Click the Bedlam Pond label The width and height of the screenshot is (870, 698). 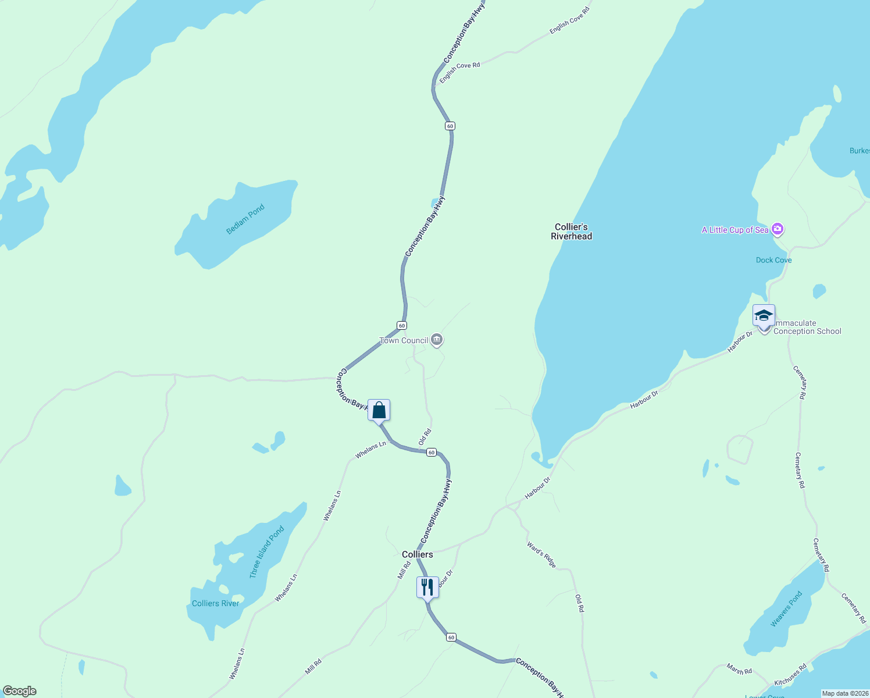[245, 219]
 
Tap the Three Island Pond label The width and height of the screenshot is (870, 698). [267, 552]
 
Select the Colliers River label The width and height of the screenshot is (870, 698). [216, 603]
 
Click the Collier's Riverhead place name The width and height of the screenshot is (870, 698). [572, 232]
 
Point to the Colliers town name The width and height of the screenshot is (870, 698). [418, 554]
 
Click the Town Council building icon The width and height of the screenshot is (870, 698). [437, 340]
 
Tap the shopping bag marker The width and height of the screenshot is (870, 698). [379, 410]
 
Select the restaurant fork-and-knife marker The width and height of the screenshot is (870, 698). [427, 587]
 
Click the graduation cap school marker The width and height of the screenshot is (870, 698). [764, 316]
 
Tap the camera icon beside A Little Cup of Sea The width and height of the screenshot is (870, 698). [777, 229]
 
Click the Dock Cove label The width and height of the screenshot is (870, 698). [773, 260]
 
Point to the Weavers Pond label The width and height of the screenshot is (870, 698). [786, 609]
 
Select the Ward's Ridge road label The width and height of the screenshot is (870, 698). [541, 555]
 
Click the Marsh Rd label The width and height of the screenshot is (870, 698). [739, 669]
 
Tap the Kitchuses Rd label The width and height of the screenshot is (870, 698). [790, 674]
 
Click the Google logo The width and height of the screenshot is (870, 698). [20, 691]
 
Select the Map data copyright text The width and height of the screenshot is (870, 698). [844, 693]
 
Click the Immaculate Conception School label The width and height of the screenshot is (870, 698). [807, 327]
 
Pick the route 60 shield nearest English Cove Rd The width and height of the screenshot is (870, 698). [450, 126]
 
